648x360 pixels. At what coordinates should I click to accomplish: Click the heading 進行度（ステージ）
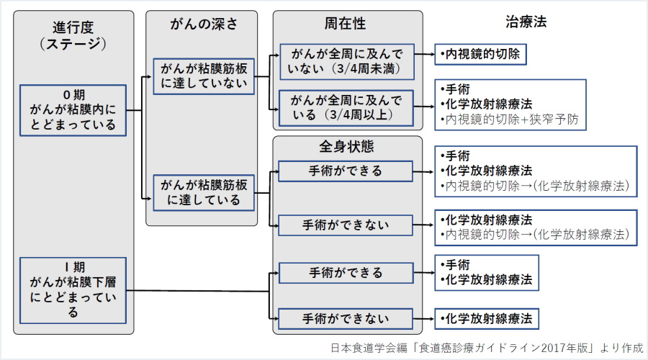pyautogui.click(x=73, y=35)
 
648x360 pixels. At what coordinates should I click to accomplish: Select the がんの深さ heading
pyautogui.click(x=202, y=24)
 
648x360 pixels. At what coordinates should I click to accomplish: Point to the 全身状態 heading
pyautogui.click(x=346, y=147)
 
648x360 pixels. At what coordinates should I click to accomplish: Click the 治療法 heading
pyautogui.click(x=526, y=22)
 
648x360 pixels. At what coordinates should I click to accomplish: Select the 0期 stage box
pyautogui.click(x=73, y=110)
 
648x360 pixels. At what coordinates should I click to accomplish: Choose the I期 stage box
pyautogui.click(x=73, y=289)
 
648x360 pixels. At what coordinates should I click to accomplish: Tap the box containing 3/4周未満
pyautogui.click(x=346, y=63)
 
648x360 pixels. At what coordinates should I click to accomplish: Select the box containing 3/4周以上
pyautogui.click(x=346, y=107)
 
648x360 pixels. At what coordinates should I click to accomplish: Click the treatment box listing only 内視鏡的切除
pyautogui.click(x=480, y=54)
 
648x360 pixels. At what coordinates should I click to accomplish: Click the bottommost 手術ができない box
pyautogui.click(x=346, y=318)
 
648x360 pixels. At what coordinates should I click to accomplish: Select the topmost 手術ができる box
pyautogui.click(x=346, y=171)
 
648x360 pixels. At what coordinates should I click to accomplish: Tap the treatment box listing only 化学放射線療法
pyautogui.click(x=487, y=318)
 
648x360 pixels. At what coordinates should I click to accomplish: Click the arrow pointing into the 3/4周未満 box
pyautogui.click(x=274, y=54)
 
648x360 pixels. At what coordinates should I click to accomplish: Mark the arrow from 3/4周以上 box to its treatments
pyautogui.click(x=424, y=107)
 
